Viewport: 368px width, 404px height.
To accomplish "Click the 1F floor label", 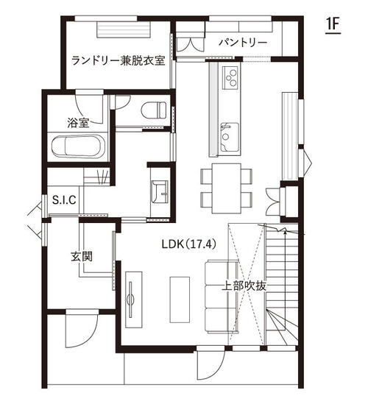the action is click(x=333, y=24).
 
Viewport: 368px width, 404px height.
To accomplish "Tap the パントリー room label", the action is click(x=242, y=42).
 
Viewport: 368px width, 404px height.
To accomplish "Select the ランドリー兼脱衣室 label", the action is click(x=118, y=61).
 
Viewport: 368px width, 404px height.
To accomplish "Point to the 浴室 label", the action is click(x=78, y=123).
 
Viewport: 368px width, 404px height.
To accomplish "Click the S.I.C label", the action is click(x=64, y=199).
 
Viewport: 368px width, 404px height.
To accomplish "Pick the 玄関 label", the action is click(x=82, y=257).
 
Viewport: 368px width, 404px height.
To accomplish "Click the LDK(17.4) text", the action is click(x=188, y=244).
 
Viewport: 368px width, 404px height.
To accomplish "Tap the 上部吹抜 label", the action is click(x=244, y=286).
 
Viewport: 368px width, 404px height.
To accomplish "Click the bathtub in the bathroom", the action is click(x=78, y=146).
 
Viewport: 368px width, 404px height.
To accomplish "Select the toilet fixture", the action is click(x=154, y=110).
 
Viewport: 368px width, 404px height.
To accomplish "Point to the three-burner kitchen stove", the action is click(x=230, y=77).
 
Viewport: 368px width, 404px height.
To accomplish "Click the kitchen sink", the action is click(x=229, y=137).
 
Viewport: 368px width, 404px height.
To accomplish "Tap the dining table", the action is click(x=227, y=188).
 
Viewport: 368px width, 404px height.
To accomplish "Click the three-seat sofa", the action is click(x=221, y=297).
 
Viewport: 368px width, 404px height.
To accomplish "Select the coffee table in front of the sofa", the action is click(x=180, y=300).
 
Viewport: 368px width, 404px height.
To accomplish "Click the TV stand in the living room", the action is click(x=134, y=300).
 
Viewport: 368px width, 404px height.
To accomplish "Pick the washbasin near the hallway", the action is click(x=160, y=192).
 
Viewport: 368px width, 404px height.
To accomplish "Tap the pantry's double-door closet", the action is click(x=191, y=45).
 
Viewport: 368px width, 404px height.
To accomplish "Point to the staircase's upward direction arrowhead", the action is click(x=286, y=232).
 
